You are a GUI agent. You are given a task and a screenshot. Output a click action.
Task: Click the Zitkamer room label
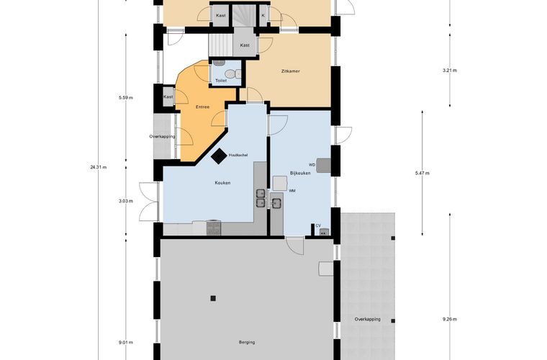[x=290, y=71]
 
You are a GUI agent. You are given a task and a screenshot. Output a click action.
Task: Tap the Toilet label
[x=220, y=81]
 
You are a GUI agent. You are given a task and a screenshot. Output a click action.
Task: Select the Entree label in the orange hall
[x=202, y=107]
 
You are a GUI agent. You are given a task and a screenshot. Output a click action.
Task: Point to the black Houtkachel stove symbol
[x=219, y=156]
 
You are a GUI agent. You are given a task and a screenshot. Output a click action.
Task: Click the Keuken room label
[x=222, y=183]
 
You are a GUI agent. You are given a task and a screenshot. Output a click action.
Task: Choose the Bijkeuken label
[x=300, y=173]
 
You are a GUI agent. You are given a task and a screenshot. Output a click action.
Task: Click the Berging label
[x=247, y=342]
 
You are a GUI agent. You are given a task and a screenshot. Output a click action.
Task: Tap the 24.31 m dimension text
[x=99, y=167]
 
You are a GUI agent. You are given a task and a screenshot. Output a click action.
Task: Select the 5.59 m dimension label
[x=125, y=98]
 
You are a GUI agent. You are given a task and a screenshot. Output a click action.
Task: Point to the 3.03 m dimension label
[x=125, y=201]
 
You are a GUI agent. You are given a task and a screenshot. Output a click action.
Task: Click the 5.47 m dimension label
[x=422, y=173]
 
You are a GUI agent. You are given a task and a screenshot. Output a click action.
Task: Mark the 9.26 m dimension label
[x=450, y=319]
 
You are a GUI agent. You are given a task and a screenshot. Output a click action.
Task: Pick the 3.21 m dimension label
[x=450, y=71]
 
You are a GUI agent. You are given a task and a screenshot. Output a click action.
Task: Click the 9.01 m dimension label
[x=125, y=342]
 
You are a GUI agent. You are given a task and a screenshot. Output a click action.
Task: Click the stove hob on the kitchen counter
[x=214, y=228]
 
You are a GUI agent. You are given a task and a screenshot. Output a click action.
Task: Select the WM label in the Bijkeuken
[x=292, y=191]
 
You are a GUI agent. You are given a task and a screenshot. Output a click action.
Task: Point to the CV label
[x=318, y=225]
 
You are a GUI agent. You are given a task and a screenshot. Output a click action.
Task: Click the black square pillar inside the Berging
[x=213, y=298]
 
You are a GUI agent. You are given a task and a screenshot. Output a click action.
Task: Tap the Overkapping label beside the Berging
[x=367, y=319]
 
